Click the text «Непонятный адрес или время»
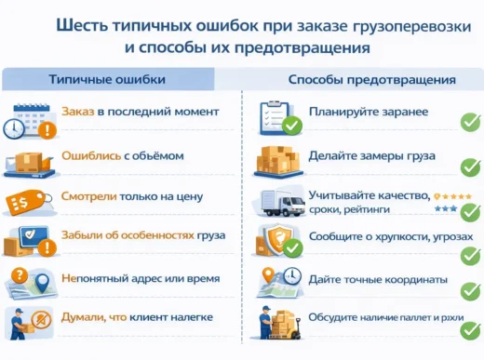[x=140, y=278]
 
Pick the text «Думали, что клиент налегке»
[x=137, y=317]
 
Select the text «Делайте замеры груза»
[x=371, y=155]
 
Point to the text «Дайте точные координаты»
[x=378, y=279]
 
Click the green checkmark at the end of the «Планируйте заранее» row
[x=470, y=122]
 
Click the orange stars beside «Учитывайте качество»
[x=456, y=197]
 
